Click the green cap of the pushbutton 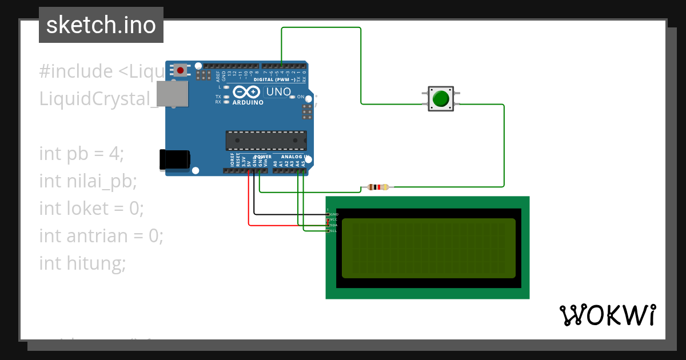[441, 99]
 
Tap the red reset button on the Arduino [181, 71]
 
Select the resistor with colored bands [378, 187]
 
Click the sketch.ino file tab [101, 25]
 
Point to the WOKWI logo [607, 315]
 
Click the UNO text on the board [279, 92]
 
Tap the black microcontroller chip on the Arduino [266, 141]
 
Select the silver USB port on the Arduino [172, 94]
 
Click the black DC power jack [174, 159]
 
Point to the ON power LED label [300, 97]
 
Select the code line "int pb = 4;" [81, 154]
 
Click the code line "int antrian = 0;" [101, 235]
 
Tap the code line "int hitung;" [82, 263]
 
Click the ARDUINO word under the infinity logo [248, 103]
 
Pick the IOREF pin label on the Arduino [232, 159]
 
